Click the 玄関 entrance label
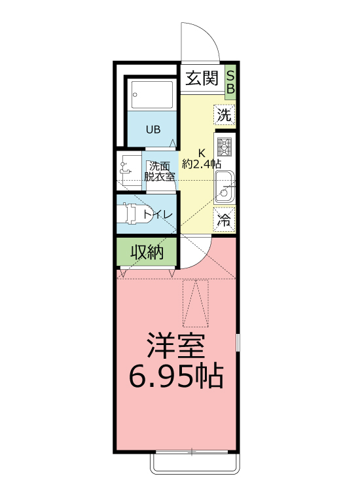click(x=202, y=79)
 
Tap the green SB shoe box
click(x=230, y=82)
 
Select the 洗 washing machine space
click(x=224, y=115)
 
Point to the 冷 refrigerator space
click(x=224, y=219)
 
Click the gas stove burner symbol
click(x=225, y=147)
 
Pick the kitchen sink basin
click(x=224, y=188)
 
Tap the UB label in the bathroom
click(x=153, y=130)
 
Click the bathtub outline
click(x=152, y=94)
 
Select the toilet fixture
click(x=135, y=213)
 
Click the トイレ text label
click(x=158, y=215)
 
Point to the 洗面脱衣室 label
click(x=160, y=171)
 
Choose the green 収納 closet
click(x=147, y=252)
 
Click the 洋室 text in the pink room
click(x=176, y=346)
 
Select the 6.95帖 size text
click(x=176, y=376)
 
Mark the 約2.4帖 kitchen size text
click(x=202, y=164)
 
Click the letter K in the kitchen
click(x=202, y=153)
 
